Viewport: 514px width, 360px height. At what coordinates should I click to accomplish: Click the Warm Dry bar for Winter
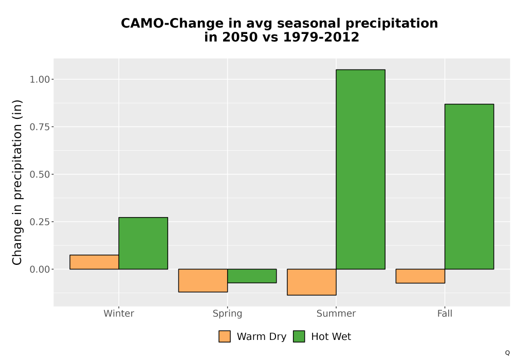(94, 262)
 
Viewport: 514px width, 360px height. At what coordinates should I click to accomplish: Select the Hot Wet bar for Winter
(143, 243)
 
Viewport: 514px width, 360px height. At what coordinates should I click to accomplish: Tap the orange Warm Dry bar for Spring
(203, 281)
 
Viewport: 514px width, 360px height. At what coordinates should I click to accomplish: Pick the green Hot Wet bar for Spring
(252, 276)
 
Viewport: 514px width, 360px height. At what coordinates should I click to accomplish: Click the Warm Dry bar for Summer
(312, 282)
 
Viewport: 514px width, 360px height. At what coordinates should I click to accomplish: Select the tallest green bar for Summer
(361, 170)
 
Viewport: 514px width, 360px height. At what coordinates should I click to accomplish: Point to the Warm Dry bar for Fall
(420, 276)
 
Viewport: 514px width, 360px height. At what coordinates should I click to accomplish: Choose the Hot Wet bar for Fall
(469, 187)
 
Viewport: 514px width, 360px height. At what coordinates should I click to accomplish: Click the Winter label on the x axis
(119, 313)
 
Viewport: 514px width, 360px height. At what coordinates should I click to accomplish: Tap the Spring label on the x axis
(228, 314)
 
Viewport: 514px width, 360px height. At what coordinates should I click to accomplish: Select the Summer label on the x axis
(336, 313)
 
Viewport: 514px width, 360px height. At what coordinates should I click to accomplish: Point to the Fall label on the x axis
(445, 313)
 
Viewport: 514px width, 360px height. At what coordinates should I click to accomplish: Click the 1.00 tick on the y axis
(40, 79)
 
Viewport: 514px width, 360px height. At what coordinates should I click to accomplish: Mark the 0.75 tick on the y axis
(40, 127)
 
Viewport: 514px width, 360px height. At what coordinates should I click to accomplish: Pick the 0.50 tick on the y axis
(40, 174)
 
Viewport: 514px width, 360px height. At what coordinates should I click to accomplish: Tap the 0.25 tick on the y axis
(40, 222)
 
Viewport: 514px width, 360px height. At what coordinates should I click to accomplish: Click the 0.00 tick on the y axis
(40, 269)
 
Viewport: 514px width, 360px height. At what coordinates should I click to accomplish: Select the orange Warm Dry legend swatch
(225, 336)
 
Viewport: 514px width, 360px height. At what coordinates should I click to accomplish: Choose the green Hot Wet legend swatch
(299, 336)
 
